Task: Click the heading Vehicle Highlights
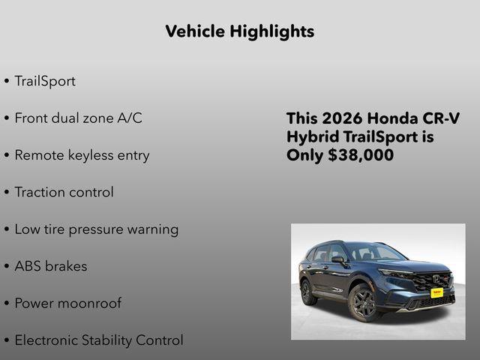(239, 31)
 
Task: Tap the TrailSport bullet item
(44, 81)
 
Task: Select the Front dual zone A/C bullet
(78, 118)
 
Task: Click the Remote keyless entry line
(82, 155)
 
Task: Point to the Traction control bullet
(64, 192)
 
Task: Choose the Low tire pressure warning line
(96, 229)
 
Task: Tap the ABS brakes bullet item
(50, 266)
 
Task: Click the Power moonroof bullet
(67, 303)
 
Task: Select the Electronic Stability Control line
(98, 340)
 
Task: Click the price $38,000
(361, 155)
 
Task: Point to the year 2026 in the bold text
(343, 119)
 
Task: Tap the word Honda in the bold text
(397, 119)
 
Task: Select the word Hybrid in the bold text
(310, 137)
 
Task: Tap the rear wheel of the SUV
(307, 292)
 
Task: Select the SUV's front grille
(431, 280)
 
